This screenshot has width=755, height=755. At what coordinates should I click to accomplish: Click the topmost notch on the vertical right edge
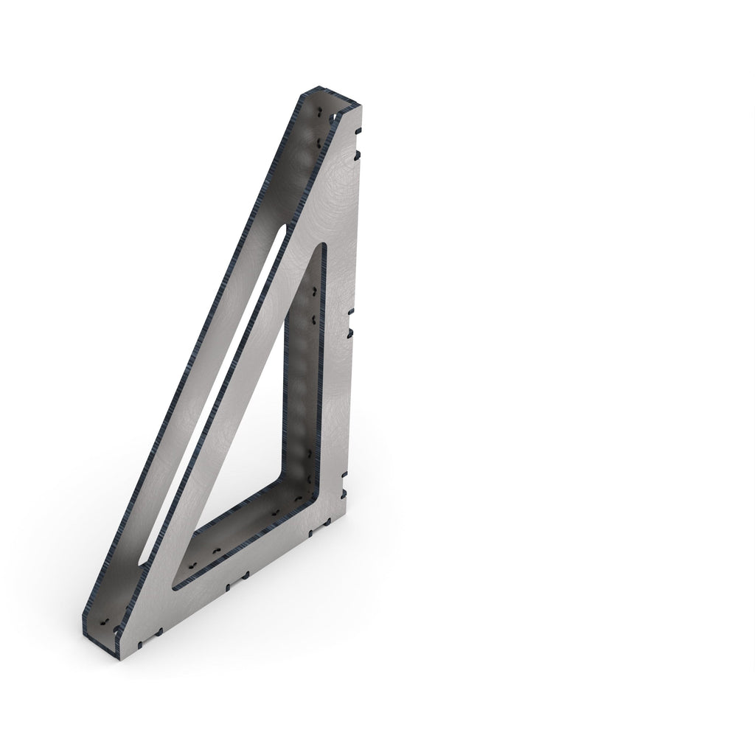click(360, 131)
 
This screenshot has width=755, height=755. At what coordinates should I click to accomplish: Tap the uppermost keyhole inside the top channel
click(321, 113)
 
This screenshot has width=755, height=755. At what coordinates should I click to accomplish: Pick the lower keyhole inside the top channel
click(318, 139)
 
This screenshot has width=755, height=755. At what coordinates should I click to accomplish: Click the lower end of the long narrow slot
click(140, 564)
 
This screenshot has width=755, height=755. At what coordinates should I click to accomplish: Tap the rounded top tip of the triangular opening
click(322, 246)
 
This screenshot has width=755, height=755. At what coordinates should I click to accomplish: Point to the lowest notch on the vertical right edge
click(344, 490)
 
